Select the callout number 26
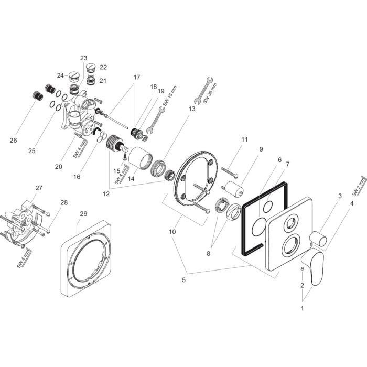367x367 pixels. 13,140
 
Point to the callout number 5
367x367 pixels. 184,280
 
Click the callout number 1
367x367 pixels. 301,308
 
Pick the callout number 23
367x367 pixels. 84,58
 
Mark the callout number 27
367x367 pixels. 38,188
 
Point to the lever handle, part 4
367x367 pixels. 319,265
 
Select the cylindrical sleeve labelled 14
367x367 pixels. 140,159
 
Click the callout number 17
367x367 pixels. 136,77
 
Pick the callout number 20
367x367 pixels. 58,167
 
